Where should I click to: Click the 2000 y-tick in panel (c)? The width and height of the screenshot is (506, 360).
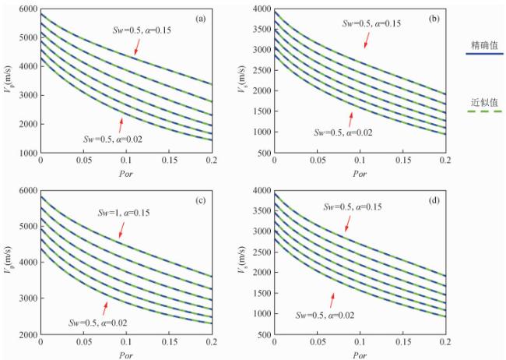(26, 335)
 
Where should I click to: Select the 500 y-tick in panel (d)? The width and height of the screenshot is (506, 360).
(262, 335)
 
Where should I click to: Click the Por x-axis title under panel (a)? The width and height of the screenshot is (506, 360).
(125, 173)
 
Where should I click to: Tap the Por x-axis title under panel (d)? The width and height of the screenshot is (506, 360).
(359, 352)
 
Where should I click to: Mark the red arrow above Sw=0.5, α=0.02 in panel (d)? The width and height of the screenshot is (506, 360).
(333, 301)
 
